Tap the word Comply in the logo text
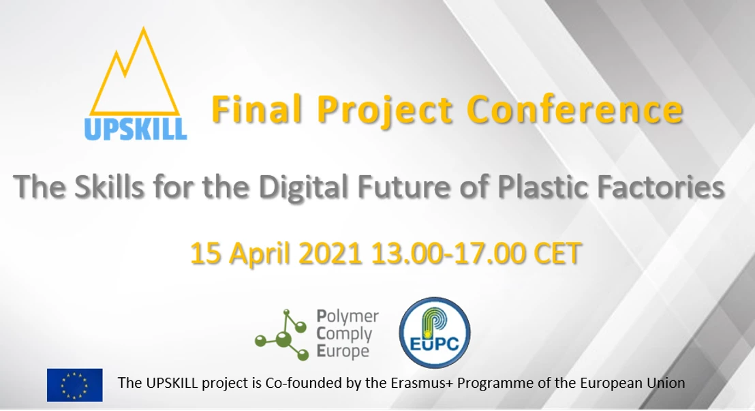tap(345, 334)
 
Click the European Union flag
tap(74, 385)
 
